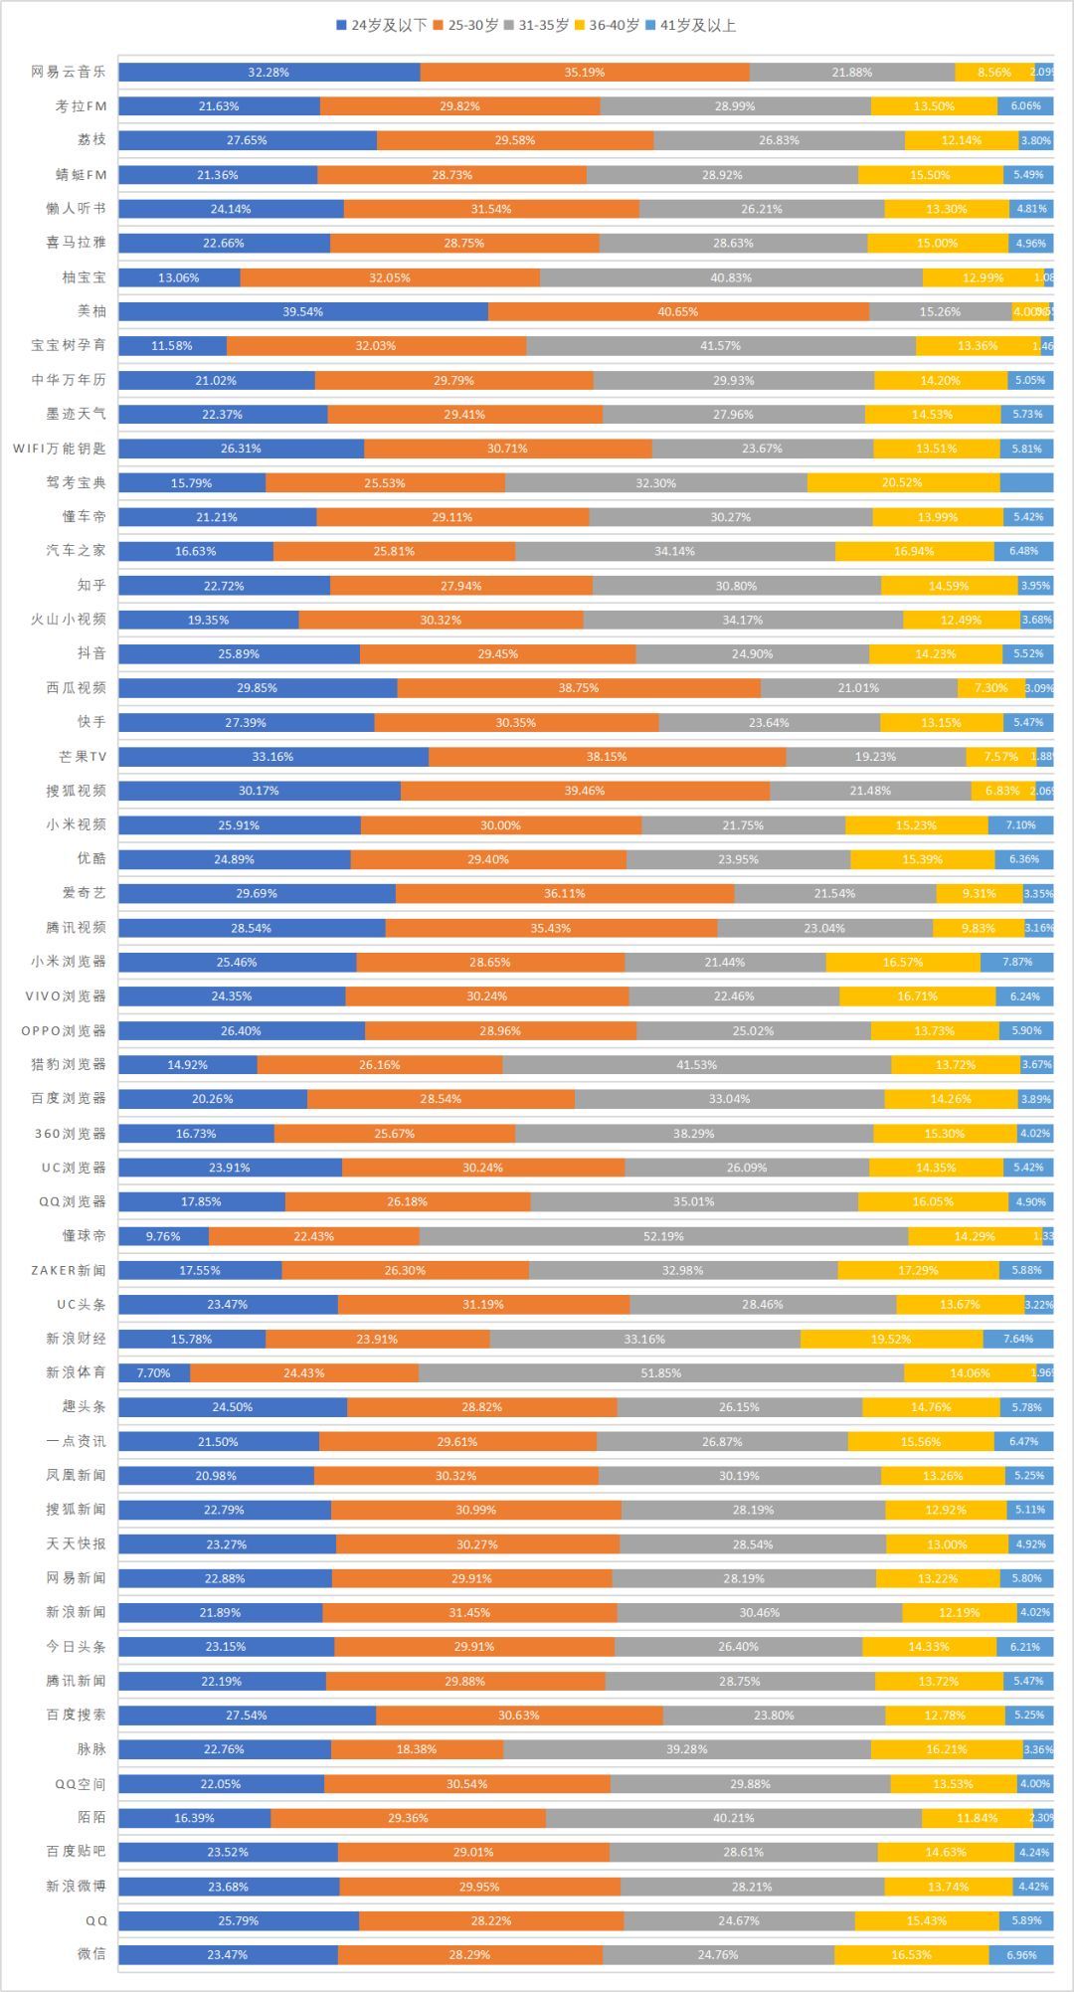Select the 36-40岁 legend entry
point(607,25)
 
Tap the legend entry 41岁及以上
point(690,25)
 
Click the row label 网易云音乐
point(68,72)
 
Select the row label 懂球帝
point(84,1235)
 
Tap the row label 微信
point(91,1954)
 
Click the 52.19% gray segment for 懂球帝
point(663,1236)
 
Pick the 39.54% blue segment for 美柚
point(303,311)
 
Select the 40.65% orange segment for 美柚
point(678,311)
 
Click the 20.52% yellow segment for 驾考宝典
point(903,482)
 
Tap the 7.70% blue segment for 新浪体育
point(154,1372)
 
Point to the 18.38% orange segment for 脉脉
point(417,1749)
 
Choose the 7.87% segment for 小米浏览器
point(1016,962)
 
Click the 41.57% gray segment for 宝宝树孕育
point(721,345)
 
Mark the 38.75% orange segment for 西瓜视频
point(579,687)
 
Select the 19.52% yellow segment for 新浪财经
point(891,1339)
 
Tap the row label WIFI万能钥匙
point(60,449)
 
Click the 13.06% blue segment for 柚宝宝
point(179,277)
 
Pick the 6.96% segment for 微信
point(1021,1954)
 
